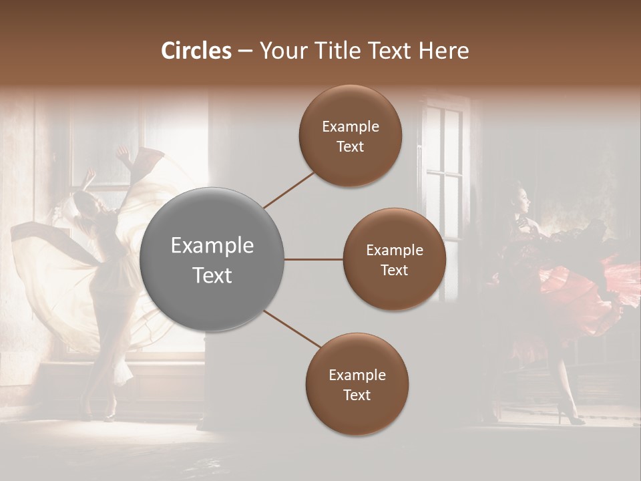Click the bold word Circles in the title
(x=196, y=51)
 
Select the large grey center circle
(x=212, y=259)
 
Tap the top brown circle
(x=351, y=136)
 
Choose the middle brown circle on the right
(x=395, y=259)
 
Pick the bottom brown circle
(x=357, y=384)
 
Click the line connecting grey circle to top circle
(x=288, y=190)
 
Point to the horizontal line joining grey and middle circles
(x=314, y=259)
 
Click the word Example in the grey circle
(x=212, y=246)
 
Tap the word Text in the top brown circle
(x=351, y=146)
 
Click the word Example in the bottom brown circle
(x=357, y=375)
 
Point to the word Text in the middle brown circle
(x=395, y=270)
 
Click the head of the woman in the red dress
(x=521, y=199)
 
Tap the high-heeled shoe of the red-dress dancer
(x=573, y=418)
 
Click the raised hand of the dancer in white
(x=122, y=155)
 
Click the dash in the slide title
(x=245, y=51)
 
